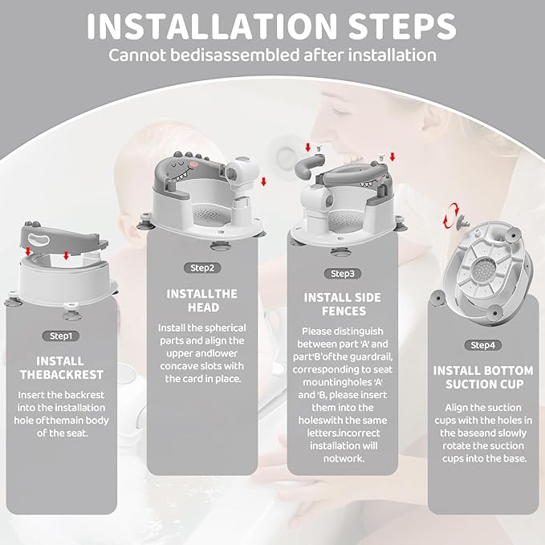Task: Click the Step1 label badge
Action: [x=59, y=336]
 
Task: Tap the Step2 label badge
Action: [x=202, y=267]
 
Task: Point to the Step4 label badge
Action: [x=482, y=345]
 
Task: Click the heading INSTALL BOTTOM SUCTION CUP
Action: [x=482, y=378]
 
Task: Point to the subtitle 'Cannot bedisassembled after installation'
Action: [x=272, y=55]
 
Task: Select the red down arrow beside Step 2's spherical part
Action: [x=262, y=181]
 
